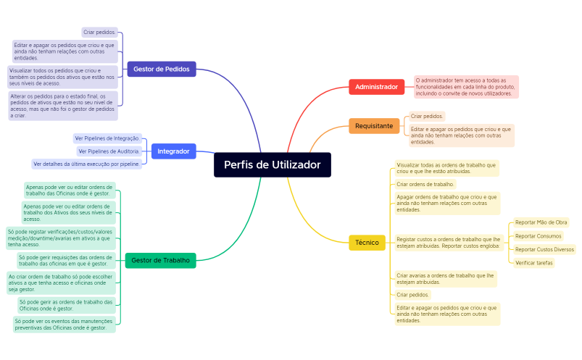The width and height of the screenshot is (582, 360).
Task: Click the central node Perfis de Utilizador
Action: pyautogui.click(x=272, y=165)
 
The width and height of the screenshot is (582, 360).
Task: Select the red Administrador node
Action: pyautogui.click(x=376, y=87)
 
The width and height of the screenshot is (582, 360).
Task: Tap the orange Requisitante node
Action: pyautogui.click(x=374, y=126)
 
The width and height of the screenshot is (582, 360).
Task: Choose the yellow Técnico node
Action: pyautogui.click(x=367, y=242)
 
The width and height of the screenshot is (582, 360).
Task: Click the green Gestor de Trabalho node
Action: pyautogui.click(x=160, y=260)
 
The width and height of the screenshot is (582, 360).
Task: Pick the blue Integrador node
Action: pyautogui.click(x=173, y=151)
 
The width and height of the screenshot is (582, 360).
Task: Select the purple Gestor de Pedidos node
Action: pyautogui.click(x=161, y=70)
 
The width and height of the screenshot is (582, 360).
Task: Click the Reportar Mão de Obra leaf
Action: pyautogui.click(x=541, y=222)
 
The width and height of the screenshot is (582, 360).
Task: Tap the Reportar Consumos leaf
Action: pyautogui.click(x=538, y=236)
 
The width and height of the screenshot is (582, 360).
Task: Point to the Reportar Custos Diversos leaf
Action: pyautogui.click(x=544, y=249)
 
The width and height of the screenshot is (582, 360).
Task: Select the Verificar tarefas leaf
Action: pyautogui.click(x=534, y=263)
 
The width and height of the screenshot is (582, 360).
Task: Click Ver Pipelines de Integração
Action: pyautogui.click(x=107, y=138)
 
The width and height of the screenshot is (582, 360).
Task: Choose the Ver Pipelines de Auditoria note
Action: pyautogui.click(x=109, y=151)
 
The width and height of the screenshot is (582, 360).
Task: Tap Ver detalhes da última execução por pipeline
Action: pyautogui.click(x=86, y=164)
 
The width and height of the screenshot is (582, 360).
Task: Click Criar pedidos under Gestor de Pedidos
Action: pyautogui.click(x=99, y=33)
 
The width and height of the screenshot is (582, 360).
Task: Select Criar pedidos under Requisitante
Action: pyautogui.click(x=427, y=116)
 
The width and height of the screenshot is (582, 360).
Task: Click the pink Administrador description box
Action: pyautogui.click(x=466, y=87)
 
